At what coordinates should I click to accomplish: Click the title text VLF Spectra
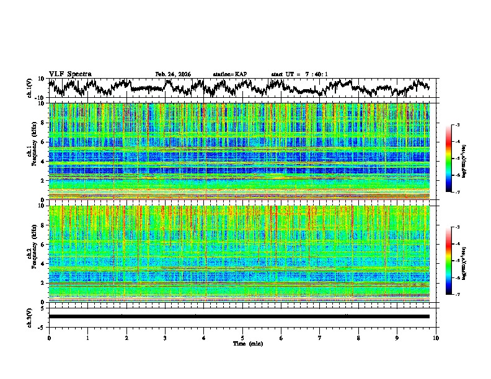pos(69,74)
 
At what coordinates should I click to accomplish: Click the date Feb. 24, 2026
pos(173,74)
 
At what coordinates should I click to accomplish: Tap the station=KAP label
pos(230,74)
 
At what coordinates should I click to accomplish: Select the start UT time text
pos(299,74)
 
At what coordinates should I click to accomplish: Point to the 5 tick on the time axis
pos(242,338)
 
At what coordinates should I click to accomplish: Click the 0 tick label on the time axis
pos(49,338)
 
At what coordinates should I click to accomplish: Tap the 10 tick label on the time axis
pos(436,338)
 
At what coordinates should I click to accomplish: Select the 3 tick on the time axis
pos(165,338)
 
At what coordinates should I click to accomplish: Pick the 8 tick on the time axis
pos(358,338)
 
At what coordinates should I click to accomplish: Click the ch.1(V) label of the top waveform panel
pos(30,88)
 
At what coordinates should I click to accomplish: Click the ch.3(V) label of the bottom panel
pos(30,316)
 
